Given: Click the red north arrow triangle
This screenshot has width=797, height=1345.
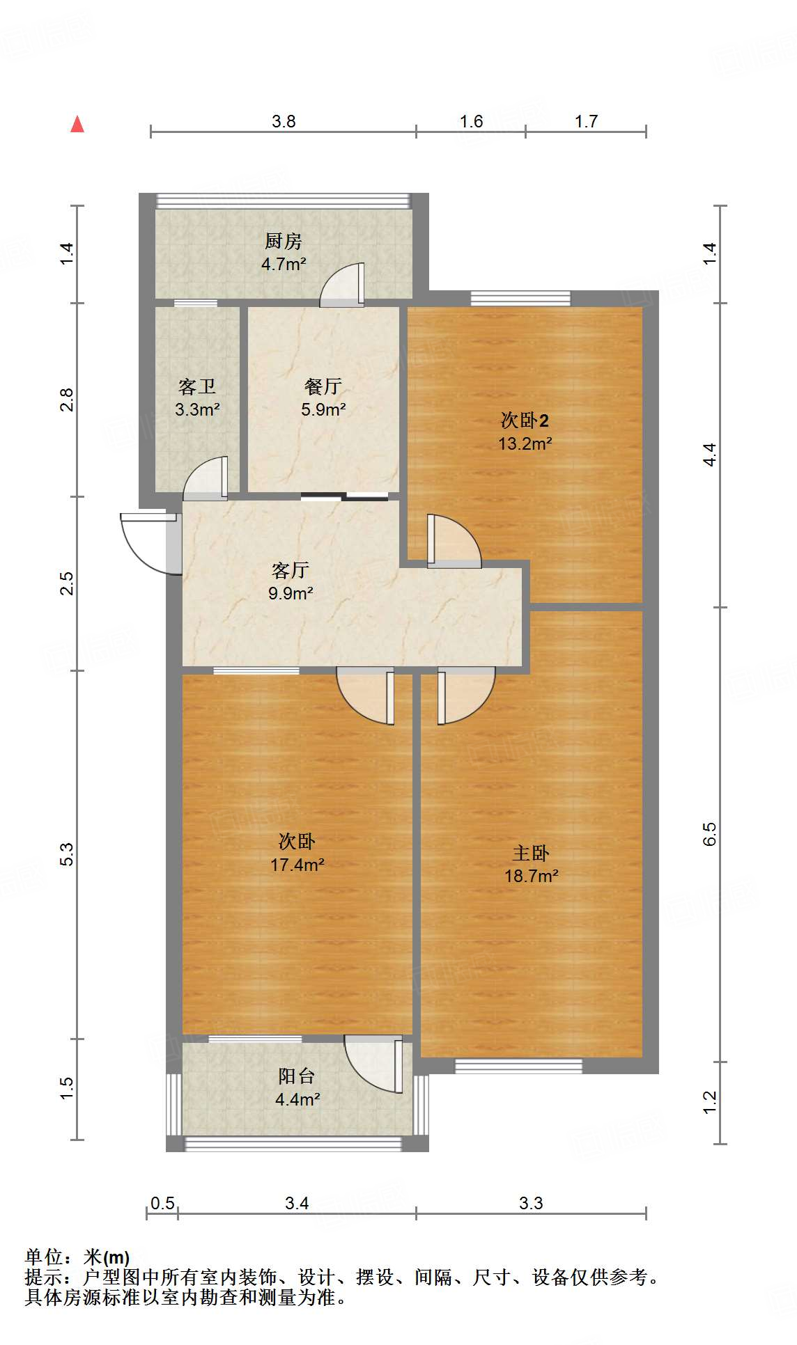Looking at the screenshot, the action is coord(77,124).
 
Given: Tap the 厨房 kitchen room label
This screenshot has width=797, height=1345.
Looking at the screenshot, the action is coord(284,242).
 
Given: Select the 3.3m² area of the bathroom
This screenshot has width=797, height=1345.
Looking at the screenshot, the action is coord(197,409).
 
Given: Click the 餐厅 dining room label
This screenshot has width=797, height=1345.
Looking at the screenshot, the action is coord(323,386).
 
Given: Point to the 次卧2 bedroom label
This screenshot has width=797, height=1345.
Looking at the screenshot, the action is coord(525,420).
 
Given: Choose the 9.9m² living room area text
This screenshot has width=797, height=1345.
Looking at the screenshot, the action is coord(291,593).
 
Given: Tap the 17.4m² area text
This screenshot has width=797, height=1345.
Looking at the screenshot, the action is coord(297,865).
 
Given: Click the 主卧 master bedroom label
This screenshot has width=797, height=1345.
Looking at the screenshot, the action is coord(531,853).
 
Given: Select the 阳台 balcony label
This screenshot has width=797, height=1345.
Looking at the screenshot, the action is coord(297,1076).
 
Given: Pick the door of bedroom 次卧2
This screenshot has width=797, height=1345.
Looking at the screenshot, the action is coord(454,541).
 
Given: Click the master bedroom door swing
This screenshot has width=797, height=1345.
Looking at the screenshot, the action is coord(465,695).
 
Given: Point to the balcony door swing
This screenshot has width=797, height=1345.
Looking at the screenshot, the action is coord(373,1064).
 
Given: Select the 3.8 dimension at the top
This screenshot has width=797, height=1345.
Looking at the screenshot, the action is coord(284,122).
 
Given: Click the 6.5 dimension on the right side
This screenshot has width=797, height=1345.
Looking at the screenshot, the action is coord(709,833).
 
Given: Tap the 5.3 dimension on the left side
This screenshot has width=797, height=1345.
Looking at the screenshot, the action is coord(67,854).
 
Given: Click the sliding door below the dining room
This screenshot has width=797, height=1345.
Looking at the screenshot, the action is coord(344,496).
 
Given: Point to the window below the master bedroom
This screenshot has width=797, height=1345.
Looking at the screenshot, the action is coord(518,1066).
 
